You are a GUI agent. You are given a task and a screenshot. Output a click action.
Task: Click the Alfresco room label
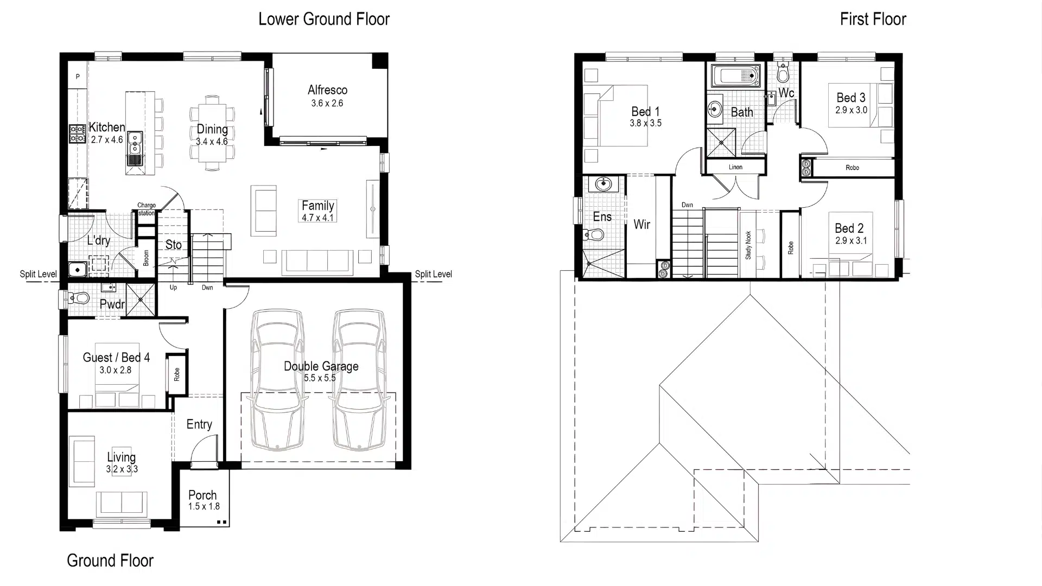pyautogui.click(x=327, y=90)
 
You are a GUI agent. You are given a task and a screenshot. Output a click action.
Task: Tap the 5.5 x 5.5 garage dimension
pyautogui.click(x=320, y=378)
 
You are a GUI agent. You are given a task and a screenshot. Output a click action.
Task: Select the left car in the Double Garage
pyautogui.click(x=277, y=380)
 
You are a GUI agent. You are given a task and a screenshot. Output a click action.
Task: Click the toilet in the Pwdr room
pyautogui.click(x=79, y=298)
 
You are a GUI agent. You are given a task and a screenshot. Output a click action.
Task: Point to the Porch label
pyautogui.click(x=202, y=495)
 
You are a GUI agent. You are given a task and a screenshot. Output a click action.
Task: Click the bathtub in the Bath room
pyautogui.click(x=735, y=76)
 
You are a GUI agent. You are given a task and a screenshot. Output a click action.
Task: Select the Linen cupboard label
pyautogui.click(x=735, y=167)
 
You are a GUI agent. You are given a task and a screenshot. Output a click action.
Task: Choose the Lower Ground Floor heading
pyautogui.click(x=324, y=19)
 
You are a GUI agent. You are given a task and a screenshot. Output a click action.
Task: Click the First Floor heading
pyautogui.click(x=873, y=19)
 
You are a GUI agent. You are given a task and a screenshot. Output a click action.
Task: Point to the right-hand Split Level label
pyautogui.click(x=433, y=274)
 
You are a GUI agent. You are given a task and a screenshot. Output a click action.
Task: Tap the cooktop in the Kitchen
pyautogui.click(x=77, y=133)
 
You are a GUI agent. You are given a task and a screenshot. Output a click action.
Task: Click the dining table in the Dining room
pyautogui.click(x=212, y=133)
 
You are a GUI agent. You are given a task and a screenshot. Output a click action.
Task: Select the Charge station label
pyautogui.click(x=147, y=209)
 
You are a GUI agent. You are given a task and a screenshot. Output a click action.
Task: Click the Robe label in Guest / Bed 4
pyautogui.click(x=176, y=374)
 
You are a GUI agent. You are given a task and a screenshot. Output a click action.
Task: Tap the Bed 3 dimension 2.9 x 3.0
pyautogui.click(x=851, y=110)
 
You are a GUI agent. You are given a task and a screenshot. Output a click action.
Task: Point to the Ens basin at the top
pyautogui.click(x=603, y=184)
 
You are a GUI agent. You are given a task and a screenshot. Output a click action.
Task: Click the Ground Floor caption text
pyautogui.click(x=110, y=560)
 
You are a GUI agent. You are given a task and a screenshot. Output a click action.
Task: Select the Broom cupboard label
pyautogui.click(x=146, y=258)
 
